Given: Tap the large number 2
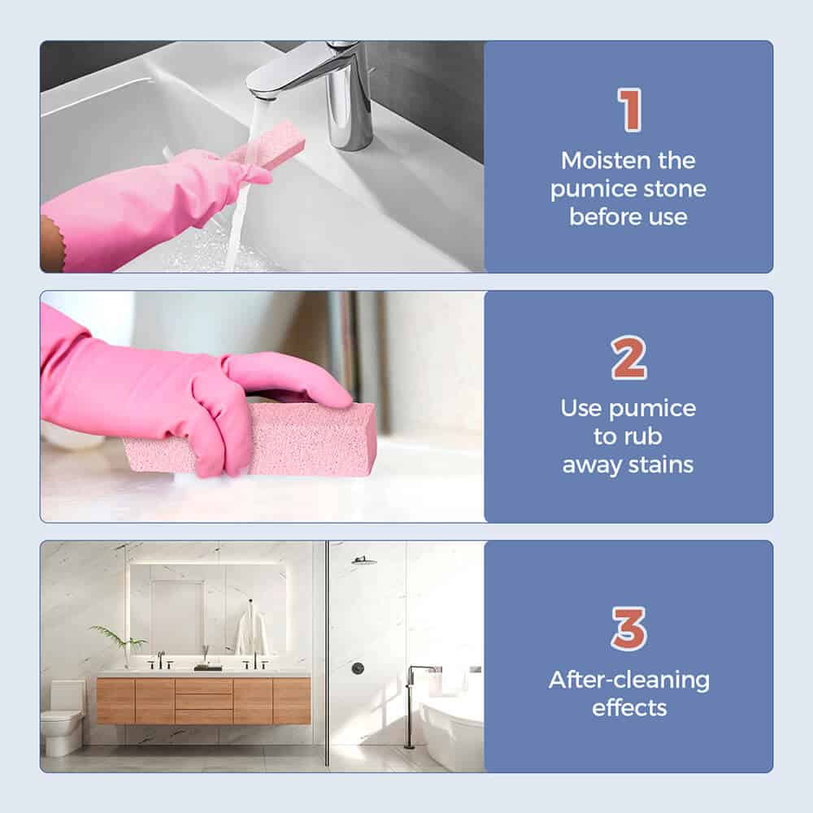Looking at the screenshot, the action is (x=629, y=358).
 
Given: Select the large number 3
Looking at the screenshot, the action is (x=629, y=628).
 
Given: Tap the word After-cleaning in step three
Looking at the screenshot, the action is (x=629, y=680).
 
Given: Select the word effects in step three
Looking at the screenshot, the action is (x=629, y=708).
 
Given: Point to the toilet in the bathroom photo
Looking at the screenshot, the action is (x=63, y=717).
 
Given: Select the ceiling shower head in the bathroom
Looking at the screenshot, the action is (x=364, y=560).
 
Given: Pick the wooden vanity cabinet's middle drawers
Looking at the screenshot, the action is (x=203, y=701).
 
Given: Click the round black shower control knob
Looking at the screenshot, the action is (x=358, y=668).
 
